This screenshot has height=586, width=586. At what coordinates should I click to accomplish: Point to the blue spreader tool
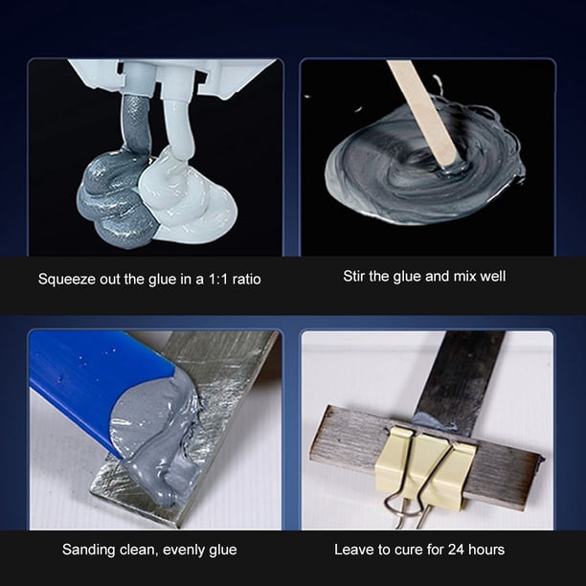click(94, 385)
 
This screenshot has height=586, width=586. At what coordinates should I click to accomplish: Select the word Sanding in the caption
click(89, 550)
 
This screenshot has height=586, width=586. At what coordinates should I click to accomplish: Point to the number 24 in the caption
click(456, 550)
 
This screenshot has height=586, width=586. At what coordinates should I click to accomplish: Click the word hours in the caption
click(486, 550)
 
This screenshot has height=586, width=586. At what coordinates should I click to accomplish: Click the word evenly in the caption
click(185, 551)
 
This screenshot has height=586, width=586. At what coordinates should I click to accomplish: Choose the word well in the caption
click(493, 276)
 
